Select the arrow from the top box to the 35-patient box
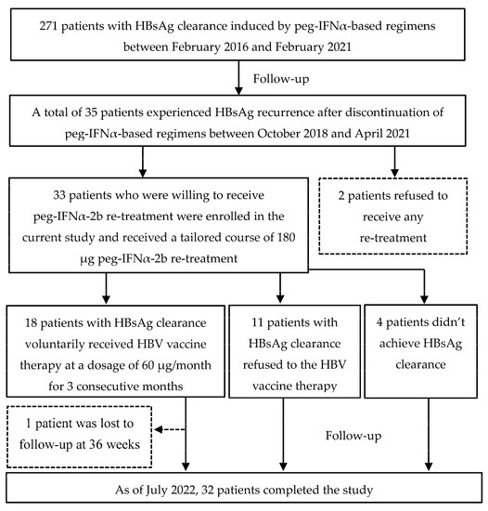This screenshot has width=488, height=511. [243, 77]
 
